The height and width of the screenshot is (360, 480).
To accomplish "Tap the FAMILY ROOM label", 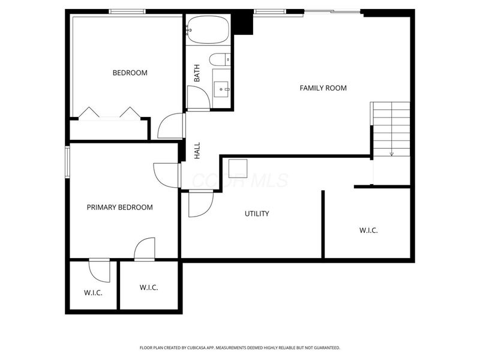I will point(323,88).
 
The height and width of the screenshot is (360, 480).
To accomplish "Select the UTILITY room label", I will point(256,214).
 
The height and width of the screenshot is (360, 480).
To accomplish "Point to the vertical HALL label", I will point(197,150).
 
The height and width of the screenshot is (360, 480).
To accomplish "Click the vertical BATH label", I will point(196,73).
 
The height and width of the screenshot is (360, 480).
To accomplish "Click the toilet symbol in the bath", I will point(218,59).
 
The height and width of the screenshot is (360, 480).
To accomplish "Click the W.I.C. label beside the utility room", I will point(368,230).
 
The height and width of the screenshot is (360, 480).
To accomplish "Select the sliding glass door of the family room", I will point(332,11).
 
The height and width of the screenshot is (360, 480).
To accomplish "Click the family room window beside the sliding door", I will point(270,11).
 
